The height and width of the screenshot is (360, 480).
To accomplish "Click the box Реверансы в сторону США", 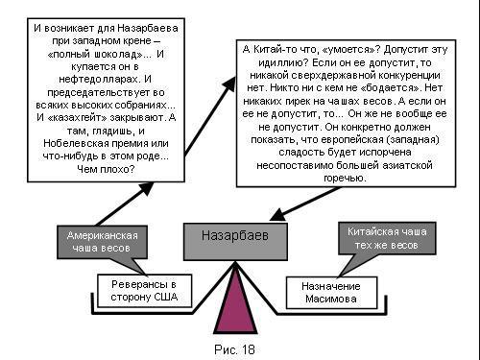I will click(153, 291).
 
